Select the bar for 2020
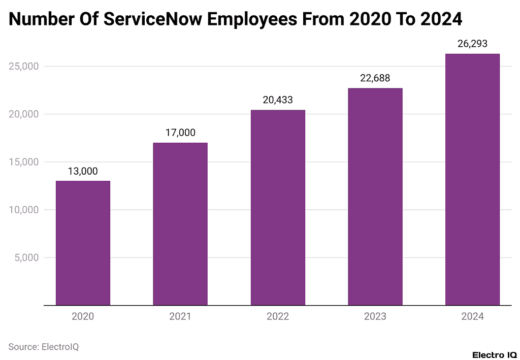(x=83, y=243)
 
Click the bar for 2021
(x=180, y=224)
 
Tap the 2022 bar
(x=278, y=207)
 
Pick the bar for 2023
(x=375, y=197)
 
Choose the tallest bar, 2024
(x=472, y=179)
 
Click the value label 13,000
(x=83, y=171)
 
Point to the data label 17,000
(x=180, y=133)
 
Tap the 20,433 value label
(x=278, y=100)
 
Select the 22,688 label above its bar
(x=375, y=78)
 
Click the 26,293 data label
(x=472, y=44)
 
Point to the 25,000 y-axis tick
(x=24, y=67)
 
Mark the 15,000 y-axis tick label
(x=24, y=162)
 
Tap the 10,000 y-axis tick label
(x=24, y=210)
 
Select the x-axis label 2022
(x=278, y=316)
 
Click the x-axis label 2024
(x=472, y=316)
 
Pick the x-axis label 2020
(x=83, y=316)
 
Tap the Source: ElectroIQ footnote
(x=44, y=347)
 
